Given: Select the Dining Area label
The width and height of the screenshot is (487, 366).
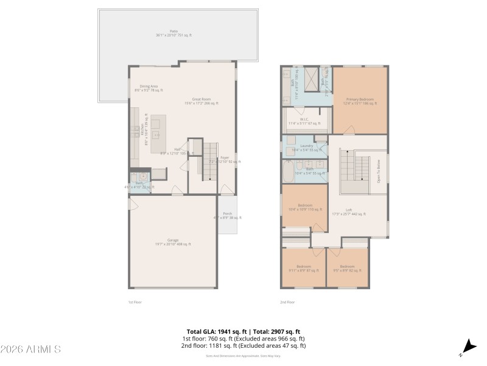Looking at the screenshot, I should pyautogui.click(x=149, y=88).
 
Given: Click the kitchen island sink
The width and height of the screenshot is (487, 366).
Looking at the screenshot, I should pyautogui.click(x=156, y=135).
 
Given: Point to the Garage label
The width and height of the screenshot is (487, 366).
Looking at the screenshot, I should pyautogui.click(x=173, y=242).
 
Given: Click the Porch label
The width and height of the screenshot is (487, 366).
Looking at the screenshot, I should pyautogui.click(x=227, y=215).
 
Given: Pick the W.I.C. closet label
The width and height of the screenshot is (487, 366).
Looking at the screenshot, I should pyautogui.click(x=304, y=121).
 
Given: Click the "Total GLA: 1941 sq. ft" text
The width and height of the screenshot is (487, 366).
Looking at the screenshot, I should pyautogui.click(x=210, y=331).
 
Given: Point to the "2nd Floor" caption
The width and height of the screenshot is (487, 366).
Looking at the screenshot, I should pyautogui.click(x=287, y=302).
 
